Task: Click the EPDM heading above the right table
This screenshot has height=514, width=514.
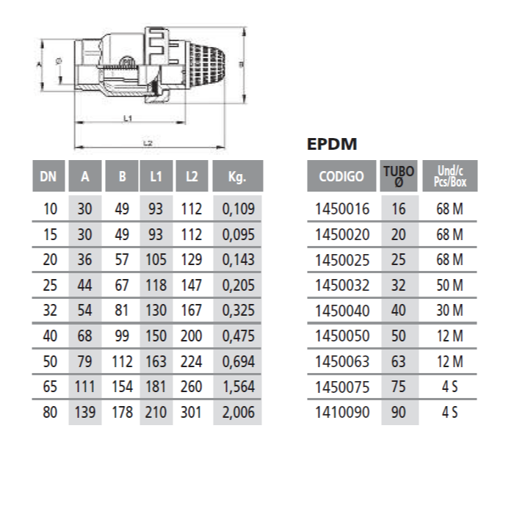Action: (x=332, y=144)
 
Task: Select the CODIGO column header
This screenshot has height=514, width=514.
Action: (x=341, y=176)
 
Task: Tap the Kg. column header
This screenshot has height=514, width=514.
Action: (x=238, y=176)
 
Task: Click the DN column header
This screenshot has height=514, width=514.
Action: (x=48, y=176)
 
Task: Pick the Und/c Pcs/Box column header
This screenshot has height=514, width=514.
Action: (x=449, y=176)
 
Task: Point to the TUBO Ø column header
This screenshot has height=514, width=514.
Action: (x=399, y=176)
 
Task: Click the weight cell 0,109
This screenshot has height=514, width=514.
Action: (x=239, y=209)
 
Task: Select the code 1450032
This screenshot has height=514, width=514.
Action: (x=342, y=285)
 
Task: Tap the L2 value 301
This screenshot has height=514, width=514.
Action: (x=191, y=412)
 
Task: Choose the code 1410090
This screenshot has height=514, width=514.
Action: (x=342, y=412)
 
